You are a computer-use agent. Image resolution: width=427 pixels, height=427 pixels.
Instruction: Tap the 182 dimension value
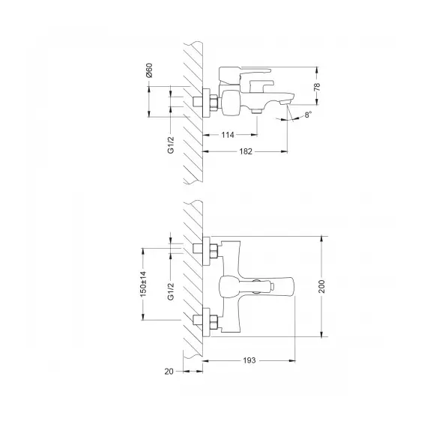pos(246,152)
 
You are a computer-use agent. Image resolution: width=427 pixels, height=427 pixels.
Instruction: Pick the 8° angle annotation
pos(308,115)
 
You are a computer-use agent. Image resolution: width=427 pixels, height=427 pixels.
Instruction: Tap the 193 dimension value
pos(250,360)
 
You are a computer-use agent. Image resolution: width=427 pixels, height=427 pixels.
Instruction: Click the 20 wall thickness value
pos(169,371)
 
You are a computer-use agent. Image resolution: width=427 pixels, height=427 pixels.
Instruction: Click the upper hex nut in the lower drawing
pos(211,248)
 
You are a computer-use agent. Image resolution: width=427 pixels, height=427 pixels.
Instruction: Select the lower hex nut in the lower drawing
pos(211,323)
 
